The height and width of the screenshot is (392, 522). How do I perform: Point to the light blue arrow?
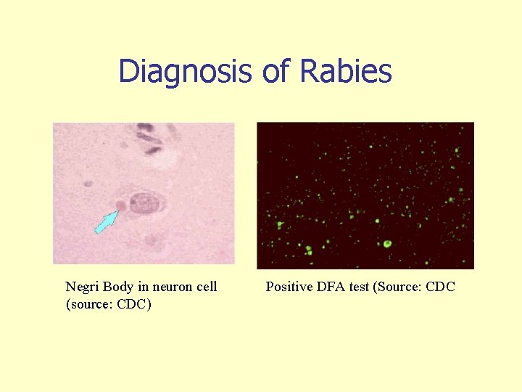pos(106,221)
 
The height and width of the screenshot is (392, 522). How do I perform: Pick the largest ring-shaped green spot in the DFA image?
pos(387,244)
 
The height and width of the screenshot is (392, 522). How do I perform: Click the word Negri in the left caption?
pos(83,287)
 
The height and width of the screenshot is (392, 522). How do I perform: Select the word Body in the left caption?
pos(119,287)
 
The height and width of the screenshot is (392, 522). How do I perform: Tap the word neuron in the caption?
pos(173,287)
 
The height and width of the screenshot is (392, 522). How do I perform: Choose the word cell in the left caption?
pos(207,287)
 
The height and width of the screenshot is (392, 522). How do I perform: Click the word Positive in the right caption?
pos(289,287)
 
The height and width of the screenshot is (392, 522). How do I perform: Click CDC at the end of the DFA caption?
pos(441,287)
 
